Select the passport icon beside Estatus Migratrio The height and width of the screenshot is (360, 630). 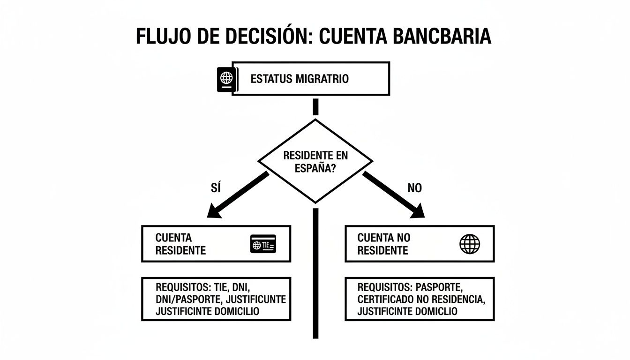coord(226,79)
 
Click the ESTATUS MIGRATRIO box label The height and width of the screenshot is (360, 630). coord(300,79)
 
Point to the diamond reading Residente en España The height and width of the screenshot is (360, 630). coord(315,161)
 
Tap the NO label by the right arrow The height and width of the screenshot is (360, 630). coord(415,188)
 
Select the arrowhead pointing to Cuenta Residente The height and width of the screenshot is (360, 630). coord(214,212)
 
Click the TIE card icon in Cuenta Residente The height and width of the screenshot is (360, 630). coord(264,244)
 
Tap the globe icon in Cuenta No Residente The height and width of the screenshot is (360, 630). coord(470,244)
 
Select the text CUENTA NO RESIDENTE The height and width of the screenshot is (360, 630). coord(384,244)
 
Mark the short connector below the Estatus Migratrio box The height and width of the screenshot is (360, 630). coord(315,106)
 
